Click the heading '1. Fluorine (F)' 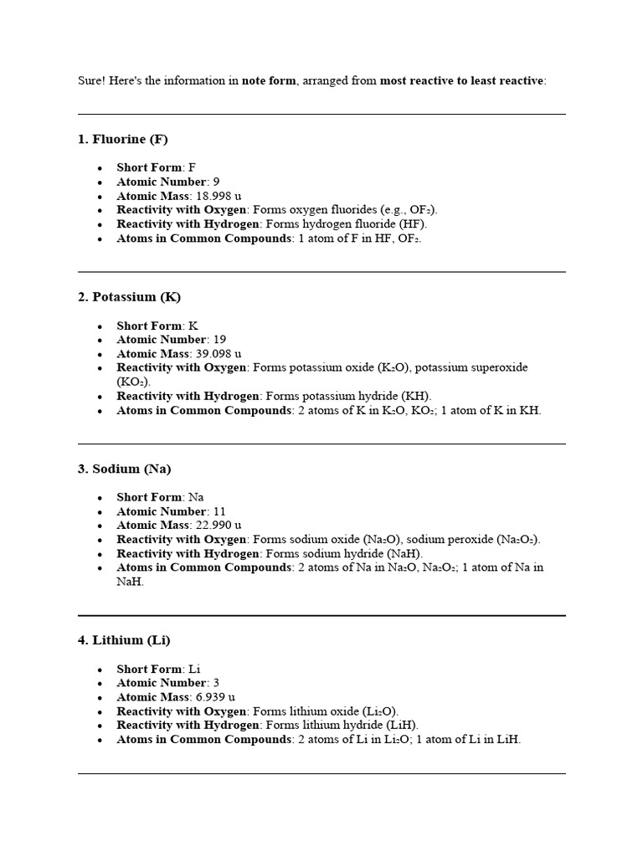click(123, 139)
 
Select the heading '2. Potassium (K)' click(129, 297)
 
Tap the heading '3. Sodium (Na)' click(124, 469)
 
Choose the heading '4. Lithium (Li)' click(124, 640)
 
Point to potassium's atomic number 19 click(219, 340)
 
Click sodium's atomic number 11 click(219, 511)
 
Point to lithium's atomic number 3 click(216, 683)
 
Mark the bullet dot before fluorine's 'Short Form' click(100, 168)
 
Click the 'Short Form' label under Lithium click(149, 669)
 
